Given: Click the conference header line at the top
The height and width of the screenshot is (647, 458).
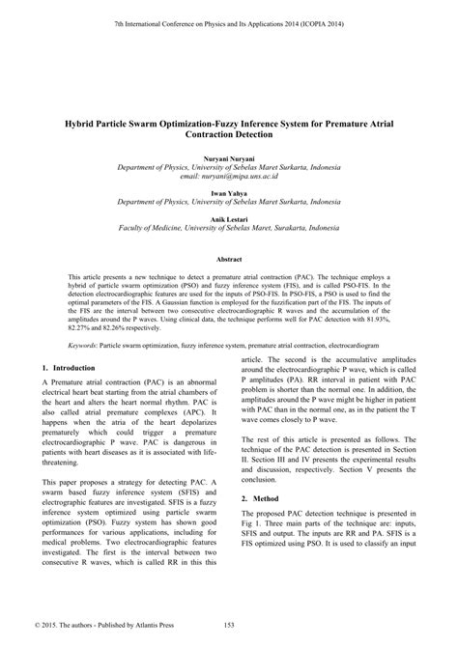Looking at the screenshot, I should [229, 21].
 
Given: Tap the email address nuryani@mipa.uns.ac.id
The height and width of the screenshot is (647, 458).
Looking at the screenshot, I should [229, 176].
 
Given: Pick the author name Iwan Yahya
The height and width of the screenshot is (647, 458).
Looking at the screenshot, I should [229, 193].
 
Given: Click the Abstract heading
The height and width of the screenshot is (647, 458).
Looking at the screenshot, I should [229, 260].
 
